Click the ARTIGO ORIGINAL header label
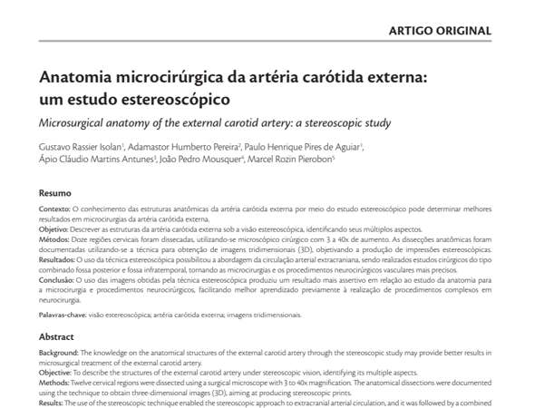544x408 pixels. coord(440,30)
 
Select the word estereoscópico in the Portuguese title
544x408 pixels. coord(163,97)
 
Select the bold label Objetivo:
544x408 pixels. coord(55,230)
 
